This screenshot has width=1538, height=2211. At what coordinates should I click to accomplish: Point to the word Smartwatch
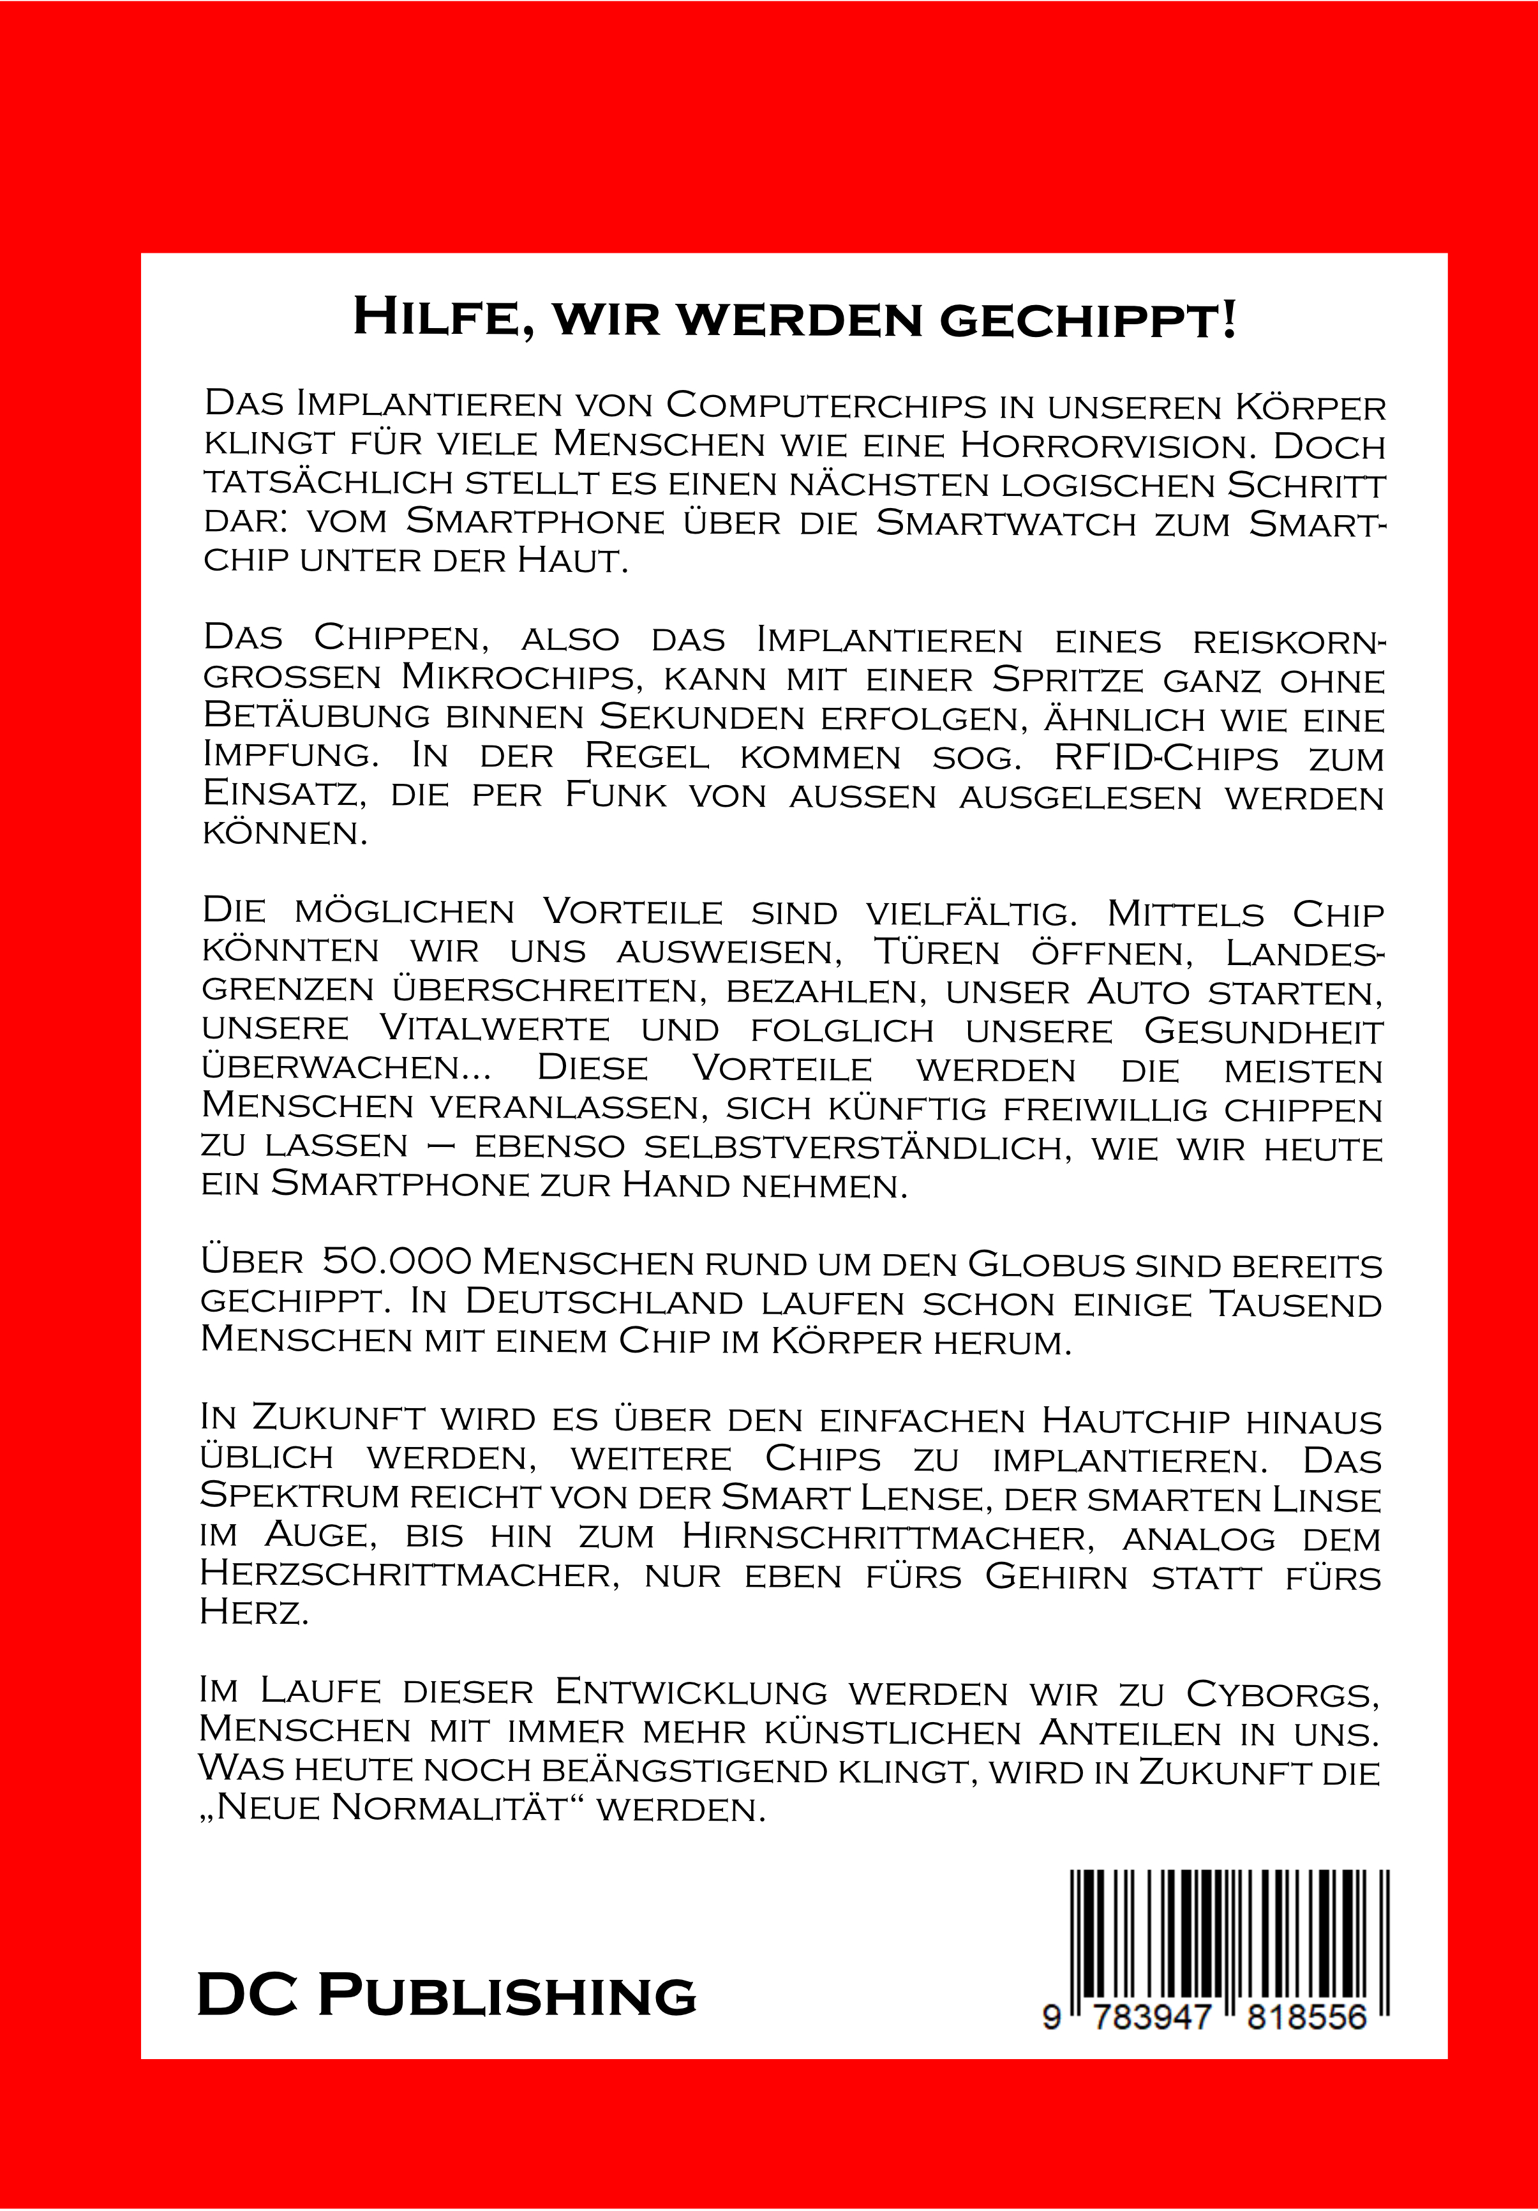(1006, 522)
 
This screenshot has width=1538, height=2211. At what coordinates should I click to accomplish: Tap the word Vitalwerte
(495, 1030)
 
